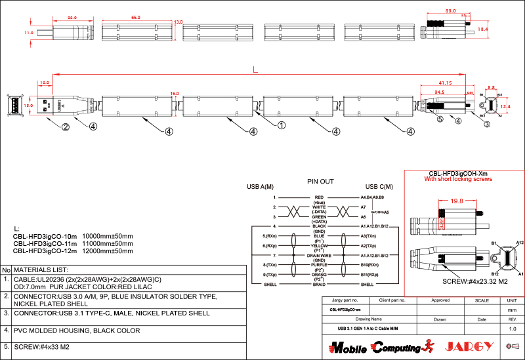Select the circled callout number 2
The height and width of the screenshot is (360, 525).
(66, 127)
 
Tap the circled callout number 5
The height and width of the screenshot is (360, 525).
(440, 119)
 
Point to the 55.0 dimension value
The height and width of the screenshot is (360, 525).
(136, 18)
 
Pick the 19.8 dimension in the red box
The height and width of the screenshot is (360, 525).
(457, 201)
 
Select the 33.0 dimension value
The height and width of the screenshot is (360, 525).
(451, 11)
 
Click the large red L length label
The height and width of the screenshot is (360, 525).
(255, 70)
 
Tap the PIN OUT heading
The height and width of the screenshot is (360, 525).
(320, 181)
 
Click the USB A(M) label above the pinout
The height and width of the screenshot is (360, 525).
(260, 188)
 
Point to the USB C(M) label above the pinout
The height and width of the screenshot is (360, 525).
(379, 188)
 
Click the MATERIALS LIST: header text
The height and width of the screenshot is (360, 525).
(41, 270)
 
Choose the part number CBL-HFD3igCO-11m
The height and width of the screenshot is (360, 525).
(45, 243)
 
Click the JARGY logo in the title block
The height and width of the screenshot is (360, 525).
(469, 346)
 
